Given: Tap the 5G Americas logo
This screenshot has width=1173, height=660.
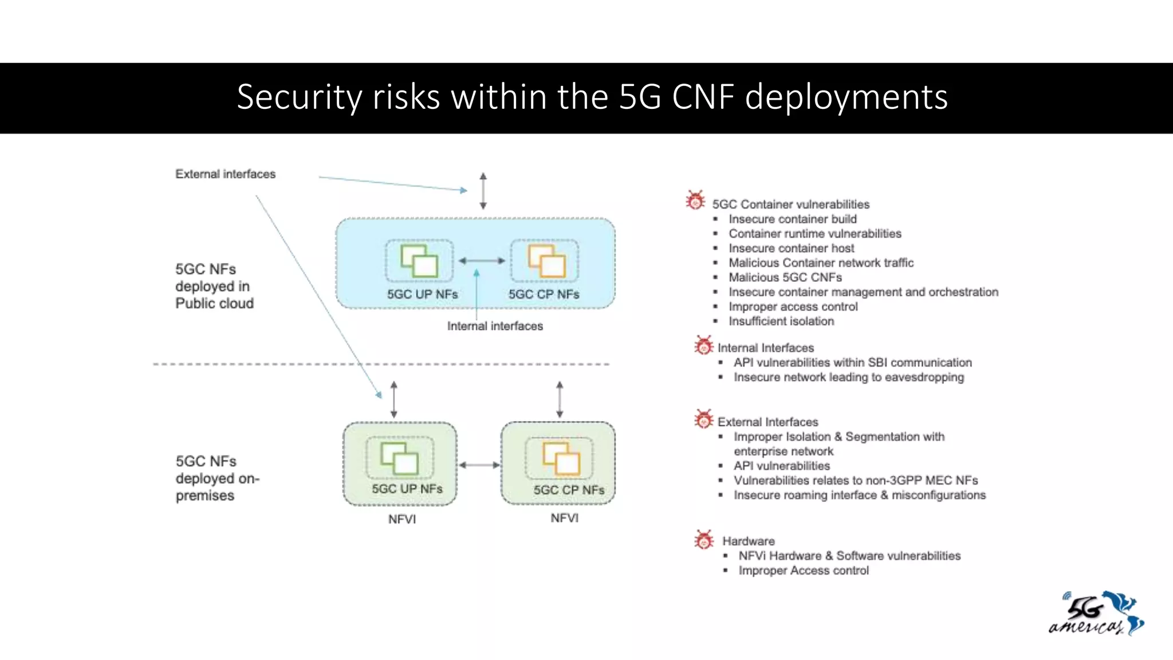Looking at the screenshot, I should point(1096,614).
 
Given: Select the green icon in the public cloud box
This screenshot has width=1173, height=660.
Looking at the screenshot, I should point(419,261).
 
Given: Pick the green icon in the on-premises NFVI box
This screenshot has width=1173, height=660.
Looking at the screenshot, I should point(399,458).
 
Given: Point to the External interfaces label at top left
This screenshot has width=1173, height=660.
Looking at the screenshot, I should point(225,174).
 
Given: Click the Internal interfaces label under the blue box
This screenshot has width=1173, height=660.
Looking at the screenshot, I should point(495,326).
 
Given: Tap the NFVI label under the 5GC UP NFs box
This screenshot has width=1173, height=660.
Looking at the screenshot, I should point(402,519).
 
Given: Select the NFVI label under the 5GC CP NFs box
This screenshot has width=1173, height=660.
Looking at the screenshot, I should point(564,518).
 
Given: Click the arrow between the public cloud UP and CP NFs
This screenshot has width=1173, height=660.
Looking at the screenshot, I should point(482,261).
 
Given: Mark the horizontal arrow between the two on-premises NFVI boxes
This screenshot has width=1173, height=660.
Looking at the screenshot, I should point(479,465).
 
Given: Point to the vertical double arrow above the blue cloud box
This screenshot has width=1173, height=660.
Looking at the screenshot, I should point(483,191).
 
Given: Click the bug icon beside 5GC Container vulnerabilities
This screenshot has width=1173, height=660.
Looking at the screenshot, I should point(695,201).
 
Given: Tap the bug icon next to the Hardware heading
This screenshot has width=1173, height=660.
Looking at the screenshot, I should point(704,539).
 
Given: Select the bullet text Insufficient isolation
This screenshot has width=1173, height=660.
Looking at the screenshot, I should point(781,321).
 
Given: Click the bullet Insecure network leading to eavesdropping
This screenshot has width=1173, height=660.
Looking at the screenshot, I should point(848,378).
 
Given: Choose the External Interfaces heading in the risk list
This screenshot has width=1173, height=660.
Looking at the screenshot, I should point(767,422).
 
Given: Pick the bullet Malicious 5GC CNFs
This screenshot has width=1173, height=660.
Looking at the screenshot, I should point(785,278).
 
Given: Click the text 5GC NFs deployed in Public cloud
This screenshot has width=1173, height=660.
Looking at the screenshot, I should point(214,286).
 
